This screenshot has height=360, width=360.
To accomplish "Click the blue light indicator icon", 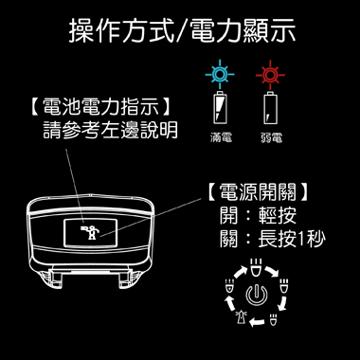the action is (x=220, y=75).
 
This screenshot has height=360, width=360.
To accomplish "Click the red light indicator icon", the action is (x=270, y=75).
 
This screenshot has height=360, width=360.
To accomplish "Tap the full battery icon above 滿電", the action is (x=220, y=108).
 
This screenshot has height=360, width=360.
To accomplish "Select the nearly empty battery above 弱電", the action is (x=271, y=108).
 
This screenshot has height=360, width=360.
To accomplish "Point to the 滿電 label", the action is (x=221, y=137).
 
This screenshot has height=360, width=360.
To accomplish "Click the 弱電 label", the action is (x=272, y=137).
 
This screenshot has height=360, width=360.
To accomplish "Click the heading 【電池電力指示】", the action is (x=100, y=107).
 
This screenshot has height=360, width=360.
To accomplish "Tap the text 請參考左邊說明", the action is (x=110, y=130).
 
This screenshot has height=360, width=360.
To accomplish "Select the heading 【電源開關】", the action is (x=257, y=192).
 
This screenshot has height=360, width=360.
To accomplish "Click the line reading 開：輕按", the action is (x=258, y=216).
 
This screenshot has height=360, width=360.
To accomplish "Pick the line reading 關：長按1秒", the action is (x=272, y=239).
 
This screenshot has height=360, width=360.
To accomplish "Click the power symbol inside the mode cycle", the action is (x=257, y=296).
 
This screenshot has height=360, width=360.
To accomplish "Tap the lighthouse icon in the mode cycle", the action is (x=241, y=316).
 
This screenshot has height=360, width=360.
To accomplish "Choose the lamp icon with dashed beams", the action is (x=229, y=285).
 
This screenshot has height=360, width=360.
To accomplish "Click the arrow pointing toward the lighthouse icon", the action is (x=257, y=322).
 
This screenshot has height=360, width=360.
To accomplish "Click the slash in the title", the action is (x=183, y=30).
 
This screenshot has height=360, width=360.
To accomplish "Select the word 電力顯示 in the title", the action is (x=243, y=30).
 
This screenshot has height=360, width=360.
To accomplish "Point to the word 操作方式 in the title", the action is (x=122, y=30).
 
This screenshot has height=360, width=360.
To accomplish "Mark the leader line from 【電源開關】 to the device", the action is (x=152, y=217).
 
